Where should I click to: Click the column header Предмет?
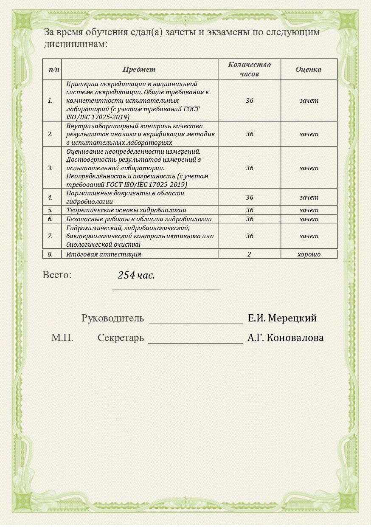(139, 69)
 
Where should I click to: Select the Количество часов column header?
(249, 69)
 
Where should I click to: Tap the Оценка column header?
(309, 69)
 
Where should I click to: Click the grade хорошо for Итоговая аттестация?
(309, 254)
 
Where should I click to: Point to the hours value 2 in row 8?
(249, 254)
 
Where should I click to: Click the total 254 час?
(136, 275)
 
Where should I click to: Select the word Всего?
(57, 275)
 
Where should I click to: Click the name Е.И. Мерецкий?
(282, 318)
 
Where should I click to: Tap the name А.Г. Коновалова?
(286, 338)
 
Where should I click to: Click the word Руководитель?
(112, 318)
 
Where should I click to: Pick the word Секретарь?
(121, 338)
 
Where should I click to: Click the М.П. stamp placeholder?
(62, 338)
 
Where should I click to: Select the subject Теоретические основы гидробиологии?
(126, 210)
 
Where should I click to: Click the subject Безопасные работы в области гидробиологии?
(139, 219)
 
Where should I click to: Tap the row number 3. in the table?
(50, 168)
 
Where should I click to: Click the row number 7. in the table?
(50, 236)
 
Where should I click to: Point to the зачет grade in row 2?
(309, 134)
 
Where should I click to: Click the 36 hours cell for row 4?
(249, 197)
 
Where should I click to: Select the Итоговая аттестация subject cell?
(104, 254)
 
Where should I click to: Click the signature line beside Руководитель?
(196, 323)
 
